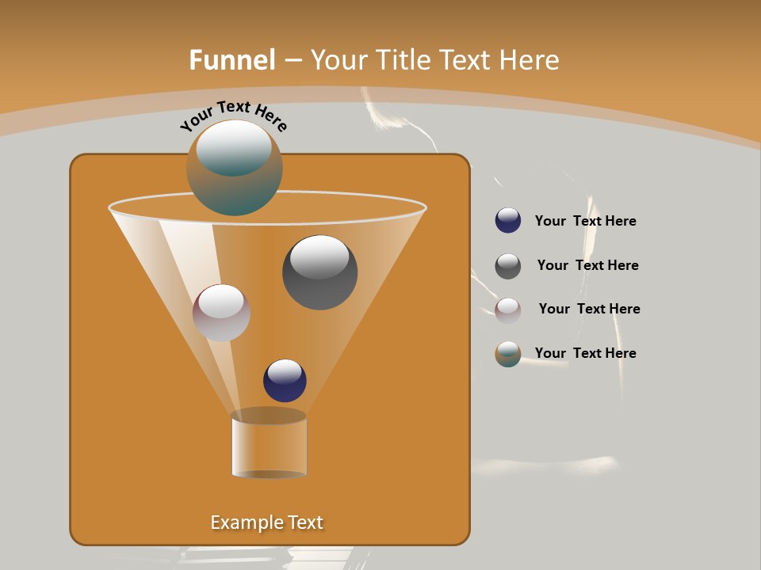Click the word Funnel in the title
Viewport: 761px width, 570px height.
232,60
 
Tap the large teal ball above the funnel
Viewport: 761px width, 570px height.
234,168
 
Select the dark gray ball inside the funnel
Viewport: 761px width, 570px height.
319,272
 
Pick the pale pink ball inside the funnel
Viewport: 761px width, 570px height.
221,313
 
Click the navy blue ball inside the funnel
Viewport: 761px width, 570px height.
285,381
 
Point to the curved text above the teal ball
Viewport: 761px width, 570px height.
234,116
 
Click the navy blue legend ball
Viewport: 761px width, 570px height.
508,221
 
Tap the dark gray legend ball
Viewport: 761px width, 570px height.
508,266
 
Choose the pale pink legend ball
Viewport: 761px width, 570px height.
508,310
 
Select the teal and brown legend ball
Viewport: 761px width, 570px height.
508,354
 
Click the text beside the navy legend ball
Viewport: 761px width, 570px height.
585,222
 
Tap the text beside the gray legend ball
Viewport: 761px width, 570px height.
587,266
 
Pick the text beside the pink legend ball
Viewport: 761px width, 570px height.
589,310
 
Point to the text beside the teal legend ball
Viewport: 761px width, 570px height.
585,354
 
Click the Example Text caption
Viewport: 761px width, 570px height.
267,522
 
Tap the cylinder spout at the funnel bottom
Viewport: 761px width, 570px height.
269,446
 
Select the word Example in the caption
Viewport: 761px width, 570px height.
245,522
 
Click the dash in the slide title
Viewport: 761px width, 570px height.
293,60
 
